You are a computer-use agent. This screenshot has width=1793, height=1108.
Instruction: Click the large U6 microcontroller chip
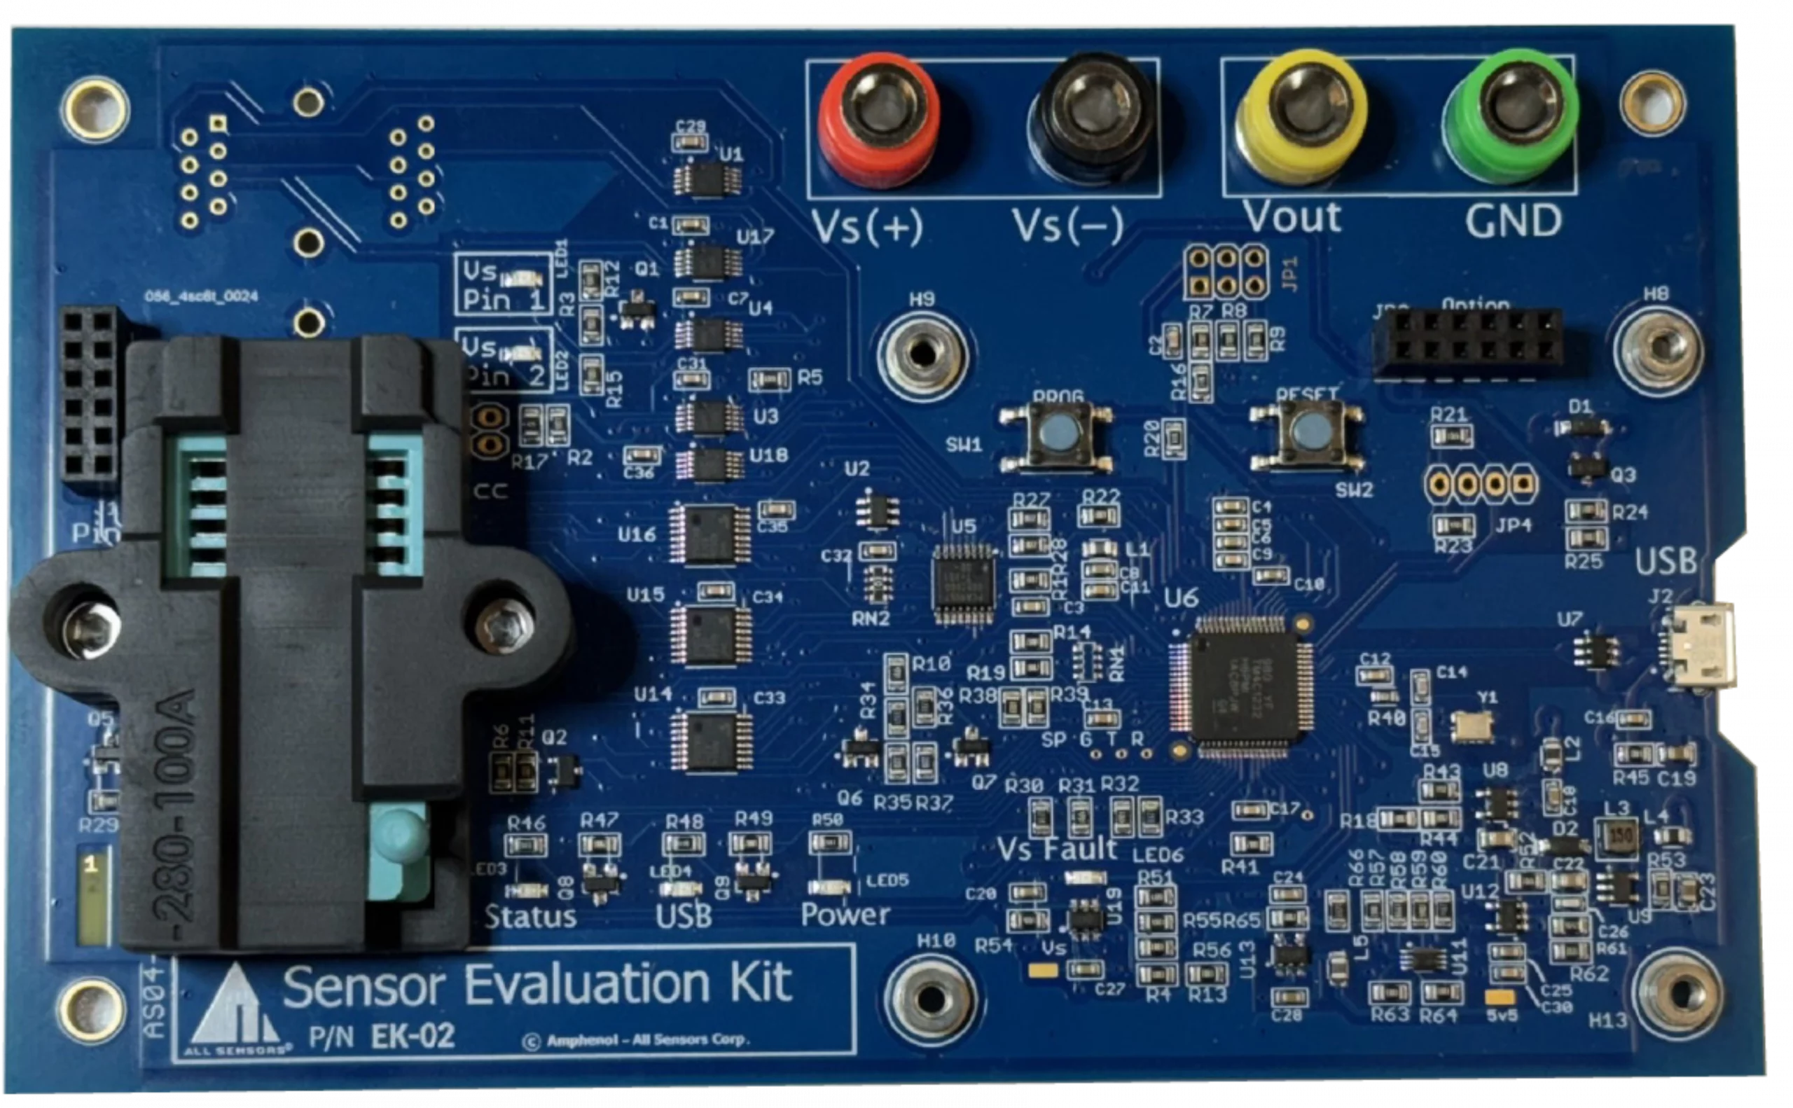click(x=1243, y=687)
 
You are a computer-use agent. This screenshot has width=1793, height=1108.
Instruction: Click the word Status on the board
click(x=530, y=917)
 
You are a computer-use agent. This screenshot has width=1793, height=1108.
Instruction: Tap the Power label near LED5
click(x=845, y=915)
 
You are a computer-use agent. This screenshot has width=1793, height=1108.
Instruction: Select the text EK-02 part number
click(x=413, y=1036)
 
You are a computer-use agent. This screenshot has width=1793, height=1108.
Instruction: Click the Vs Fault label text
click(x=1057, y=850)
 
